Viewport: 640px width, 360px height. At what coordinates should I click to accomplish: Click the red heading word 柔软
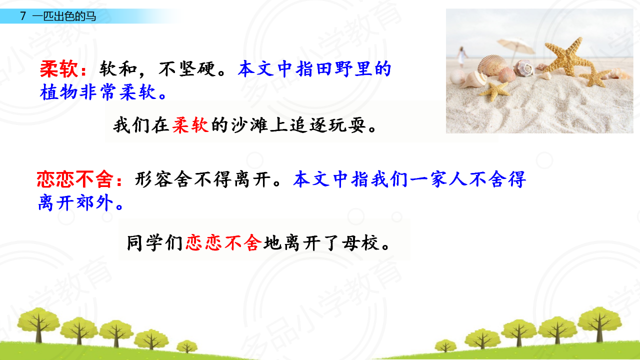[59, 69]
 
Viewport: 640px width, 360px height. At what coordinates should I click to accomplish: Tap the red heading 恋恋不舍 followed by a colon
[79, 179]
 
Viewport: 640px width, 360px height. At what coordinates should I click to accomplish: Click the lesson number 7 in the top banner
[23, 16]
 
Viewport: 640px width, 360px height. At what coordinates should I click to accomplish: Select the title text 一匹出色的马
[64, 16]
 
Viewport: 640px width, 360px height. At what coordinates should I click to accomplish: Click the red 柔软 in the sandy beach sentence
[190, 125]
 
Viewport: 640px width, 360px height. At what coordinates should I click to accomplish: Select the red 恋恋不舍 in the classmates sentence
[223, 243]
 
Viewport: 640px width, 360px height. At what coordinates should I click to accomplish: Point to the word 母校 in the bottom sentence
[361, 243]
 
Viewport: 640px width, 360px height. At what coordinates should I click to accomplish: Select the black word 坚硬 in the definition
[197, 69]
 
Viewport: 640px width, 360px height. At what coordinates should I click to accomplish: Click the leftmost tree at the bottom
[38, 324]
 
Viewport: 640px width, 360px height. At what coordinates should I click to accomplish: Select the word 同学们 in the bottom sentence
[154, 243]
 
